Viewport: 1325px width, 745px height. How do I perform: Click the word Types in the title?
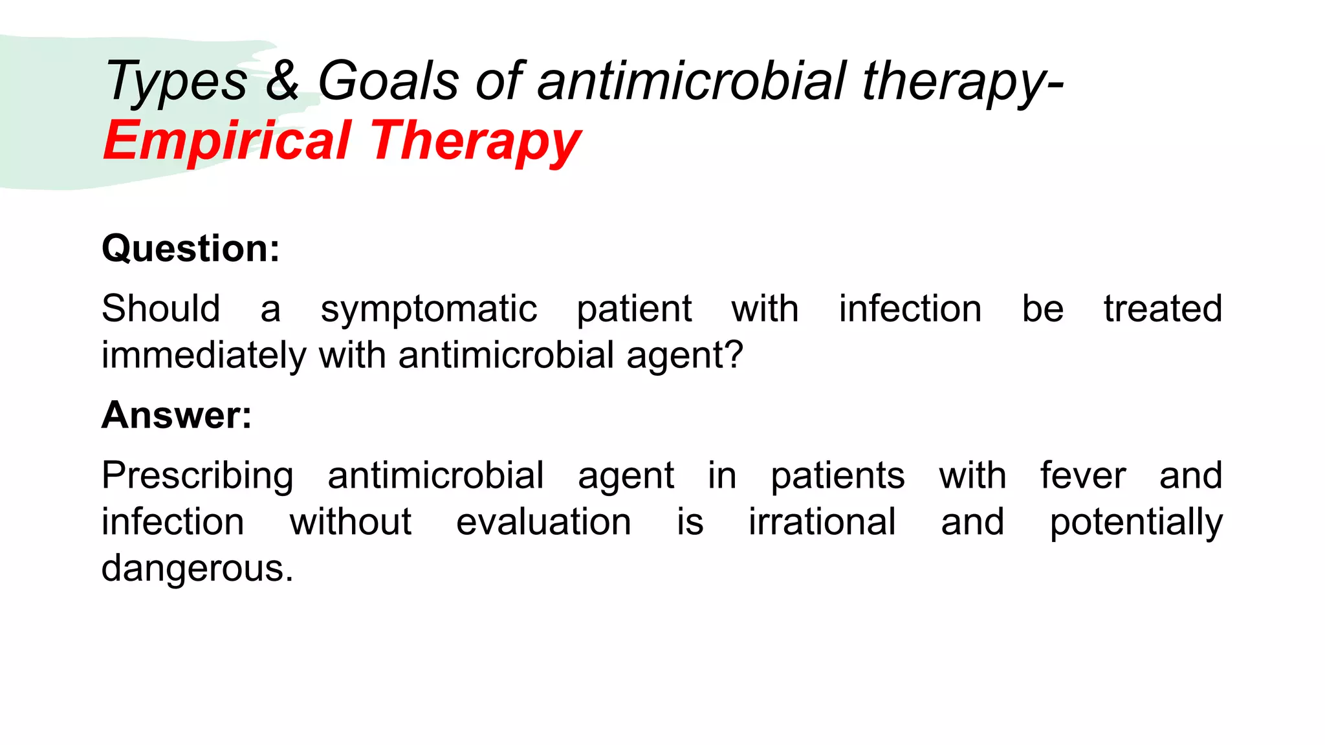[176, 83]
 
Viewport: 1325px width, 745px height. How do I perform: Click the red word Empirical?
[227, 141]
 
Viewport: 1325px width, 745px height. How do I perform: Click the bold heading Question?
[191, 248]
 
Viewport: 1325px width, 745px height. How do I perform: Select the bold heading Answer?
[177, 415]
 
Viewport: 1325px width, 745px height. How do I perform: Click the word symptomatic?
[428, 309]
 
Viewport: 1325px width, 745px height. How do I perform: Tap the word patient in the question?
[634, 309]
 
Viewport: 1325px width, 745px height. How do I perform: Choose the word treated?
[1163, 308]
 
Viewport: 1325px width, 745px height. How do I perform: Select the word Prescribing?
[197, 476]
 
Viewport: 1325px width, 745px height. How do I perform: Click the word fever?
[1082, 476]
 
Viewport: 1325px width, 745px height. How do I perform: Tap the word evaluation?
[543, 522]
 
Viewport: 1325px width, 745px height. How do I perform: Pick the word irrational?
[822, 522]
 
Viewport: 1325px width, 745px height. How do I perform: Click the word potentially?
[1135, 523]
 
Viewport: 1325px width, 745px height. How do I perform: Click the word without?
[350, 522]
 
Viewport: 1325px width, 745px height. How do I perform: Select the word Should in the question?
[160, 308]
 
